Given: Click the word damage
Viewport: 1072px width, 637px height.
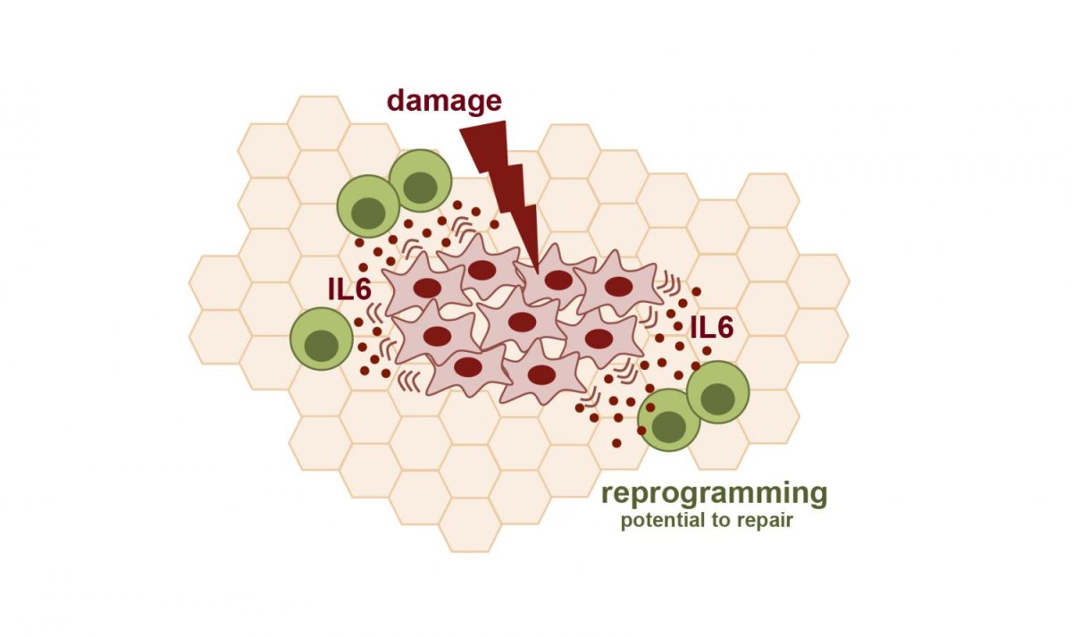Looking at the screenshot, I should point(444,99).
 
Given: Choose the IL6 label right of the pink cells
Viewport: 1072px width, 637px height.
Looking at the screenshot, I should point(712,328).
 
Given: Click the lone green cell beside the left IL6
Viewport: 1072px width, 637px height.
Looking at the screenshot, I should point(321,339).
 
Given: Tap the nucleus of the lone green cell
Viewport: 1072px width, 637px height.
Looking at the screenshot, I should point(322,345).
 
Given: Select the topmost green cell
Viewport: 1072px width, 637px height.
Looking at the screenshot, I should point(419,180).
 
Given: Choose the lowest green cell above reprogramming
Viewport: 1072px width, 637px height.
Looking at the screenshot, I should point(669,420).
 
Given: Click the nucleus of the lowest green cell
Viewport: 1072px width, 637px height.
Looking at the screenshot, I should point(673,428).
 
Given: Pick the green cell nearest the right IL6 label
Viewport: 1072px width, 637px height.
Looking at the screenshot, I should point(718,391).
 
